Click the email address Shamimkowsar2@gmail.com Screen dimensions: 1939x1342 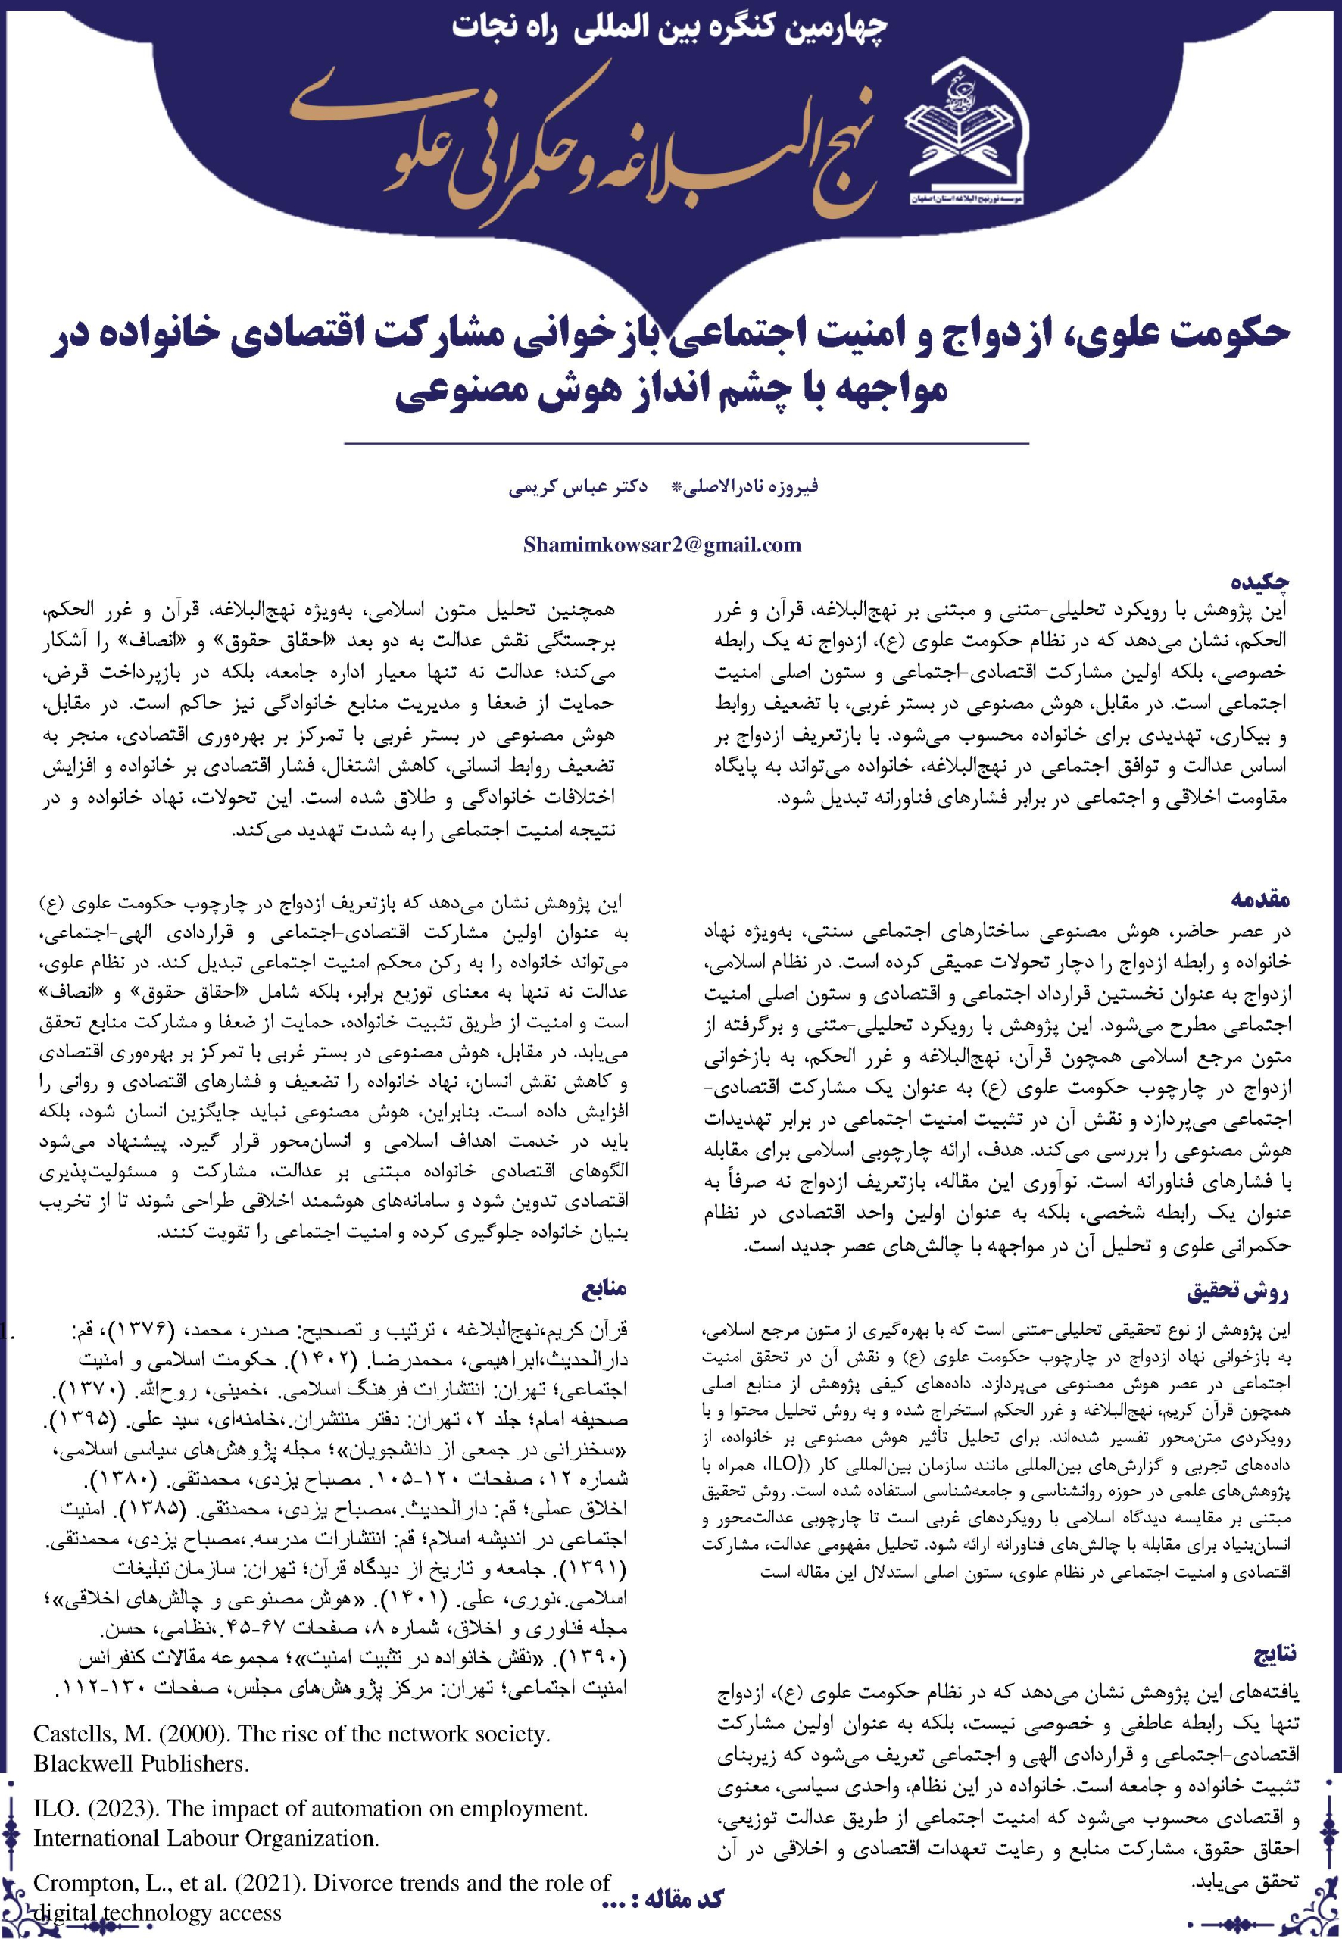pos(662,545)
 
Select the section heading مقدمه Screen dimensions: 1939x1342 pos(1259,900)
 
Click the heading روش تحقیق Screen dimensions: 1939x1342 pos(1237,1291)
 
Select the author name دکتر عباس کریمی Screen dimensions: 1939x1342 pos(578,488)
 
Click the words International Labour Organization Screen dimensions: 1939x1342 pos(206,1838)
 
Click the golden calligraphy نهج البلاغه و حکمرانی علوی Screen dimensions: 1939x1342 pos(580,143)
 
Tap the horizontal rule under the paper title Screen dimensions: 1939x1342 pos(686,443)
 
